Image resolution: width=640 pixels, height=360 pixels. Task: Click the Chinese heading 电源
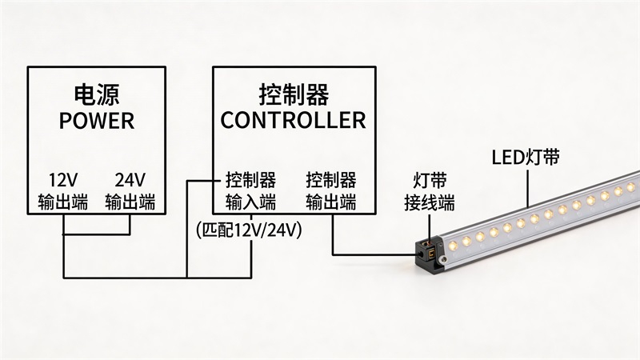coord(97,94)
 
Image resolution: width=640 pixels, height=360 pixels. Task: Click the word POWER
coord(97,121)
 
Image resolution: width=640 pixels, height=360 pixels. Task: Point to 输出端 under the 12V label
coord(62,201)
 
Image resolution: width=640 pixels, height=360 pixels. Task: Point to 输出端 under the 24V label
coord(130,201)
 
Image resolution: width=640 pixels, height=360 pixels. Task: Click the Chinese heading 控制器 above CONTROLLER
coord(294,94)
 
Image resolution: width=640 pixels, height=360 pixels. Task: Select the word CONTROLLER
coord(294,121)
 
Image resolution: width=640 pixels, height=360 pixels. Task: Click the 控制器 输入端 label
coord(250,190)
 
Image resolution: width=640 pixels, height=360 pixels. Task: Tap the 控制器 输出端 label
coord(331,190)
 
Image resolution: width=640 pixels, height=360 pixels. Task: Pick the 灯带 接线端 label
coord(429,189)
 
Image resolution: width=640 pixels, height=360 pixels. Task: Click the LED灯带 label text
coord(525,157)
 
